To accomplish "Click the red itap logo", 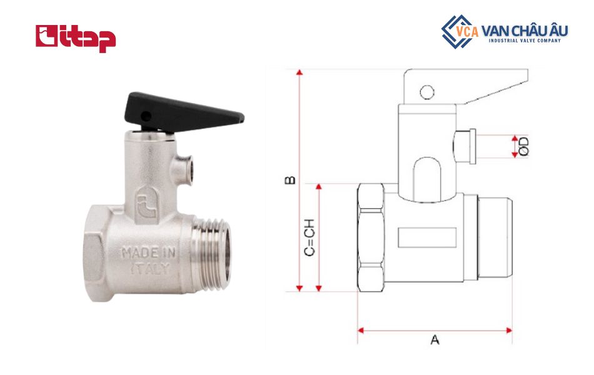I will coord(76,38).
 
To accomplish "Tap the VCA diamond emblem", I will coord(457,31).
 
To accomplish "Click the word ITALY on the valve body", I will coord(149,270).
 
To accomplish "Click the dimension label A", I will coord(435,341).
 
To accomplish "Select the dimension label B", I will coord(289,180).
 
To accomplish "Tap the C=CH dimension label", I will coord(309,237).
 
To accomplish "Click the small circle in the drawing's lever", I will coord(426,92).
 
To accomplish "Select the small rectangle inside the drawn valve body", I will coord(427,236).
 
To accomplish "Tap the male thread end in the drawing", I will coord(494,237).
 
